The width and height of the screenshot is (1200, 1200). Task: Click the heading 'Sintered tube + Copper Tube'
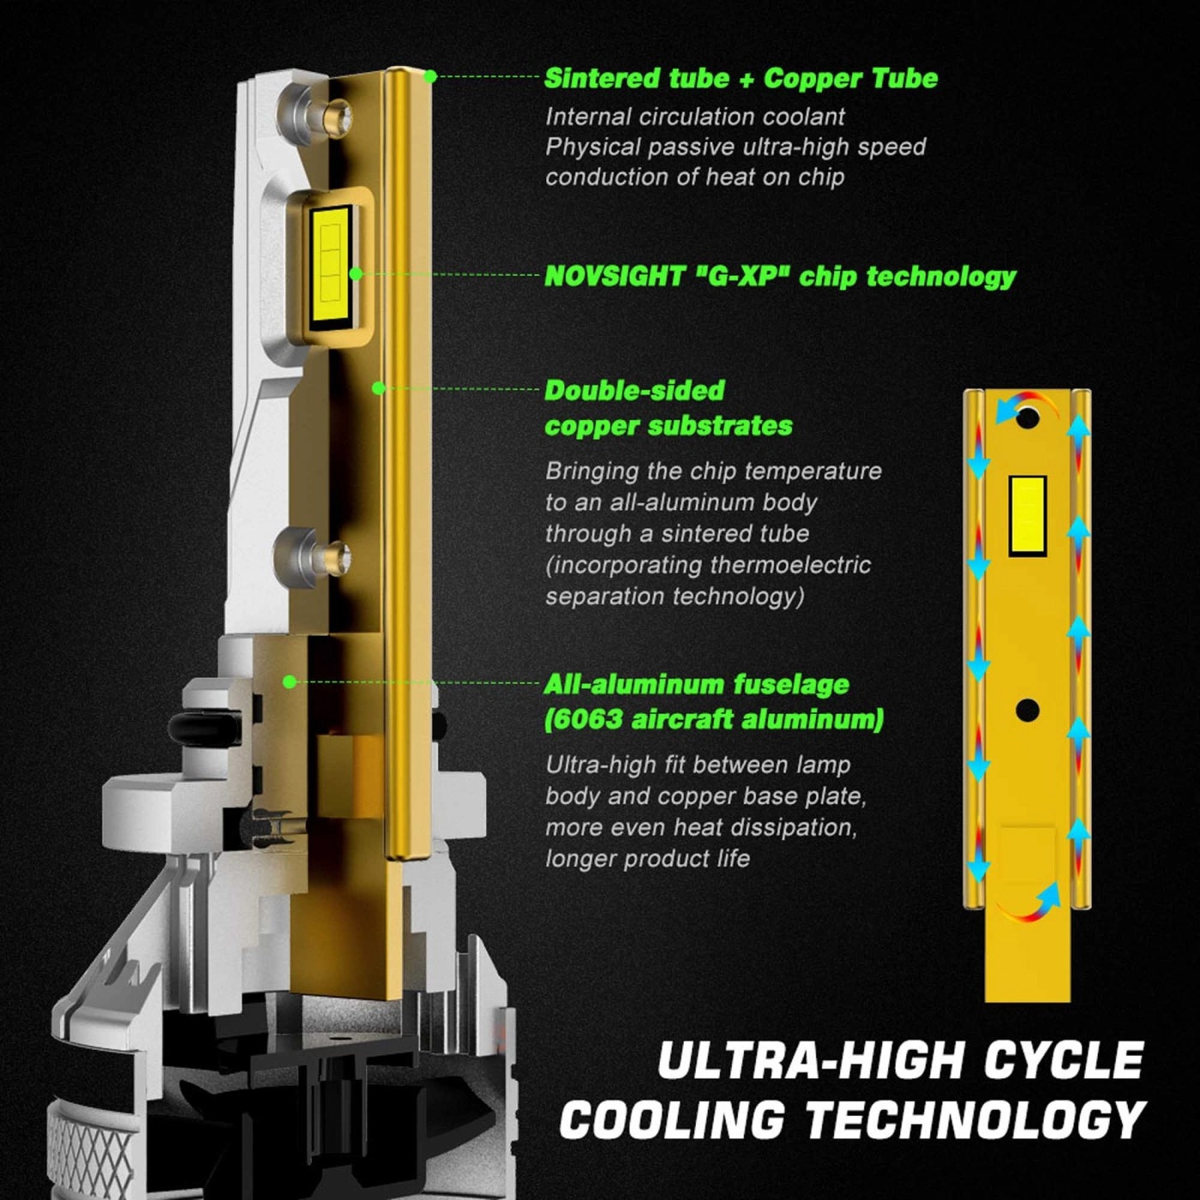741,79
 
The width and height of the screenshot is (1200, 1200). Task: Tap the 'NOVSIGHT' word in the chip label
615,276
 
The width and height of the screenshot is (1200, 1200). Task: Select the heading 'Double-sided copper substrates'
669,409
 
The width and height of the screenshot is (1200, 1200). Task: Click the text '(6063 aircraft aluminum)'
714,719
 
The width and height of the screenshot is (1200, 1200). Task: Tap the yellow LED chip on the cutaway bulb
330,263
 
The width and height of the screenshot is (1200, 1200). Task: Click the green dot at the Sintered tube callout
430,76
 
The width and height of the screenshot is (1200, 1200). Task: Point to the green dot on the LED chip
357,274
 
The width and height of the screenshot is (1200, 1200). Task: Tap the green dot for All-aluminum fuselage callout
290,682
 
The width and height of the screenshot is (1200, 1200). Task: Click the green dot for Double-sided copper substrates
378,388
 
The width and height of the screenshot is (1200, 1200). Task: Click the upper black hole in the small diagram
1028,417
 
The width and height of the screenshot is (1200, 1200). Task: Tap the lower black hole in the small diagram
1027,710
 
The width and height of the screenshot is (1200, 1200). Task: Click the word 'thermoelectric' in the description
790,565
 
